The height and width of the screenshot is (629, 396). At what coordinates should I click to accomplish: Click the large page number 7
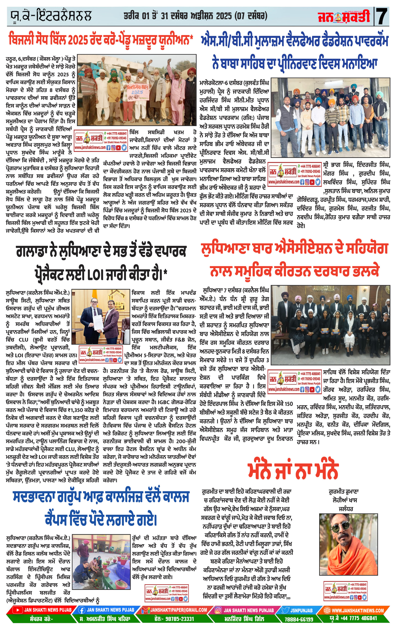(x=382, y=16)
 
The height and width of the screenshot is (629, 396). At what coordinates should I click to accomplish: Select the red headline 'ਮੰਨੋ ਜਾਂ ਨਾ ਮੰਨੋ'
(x=293, y=471)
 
